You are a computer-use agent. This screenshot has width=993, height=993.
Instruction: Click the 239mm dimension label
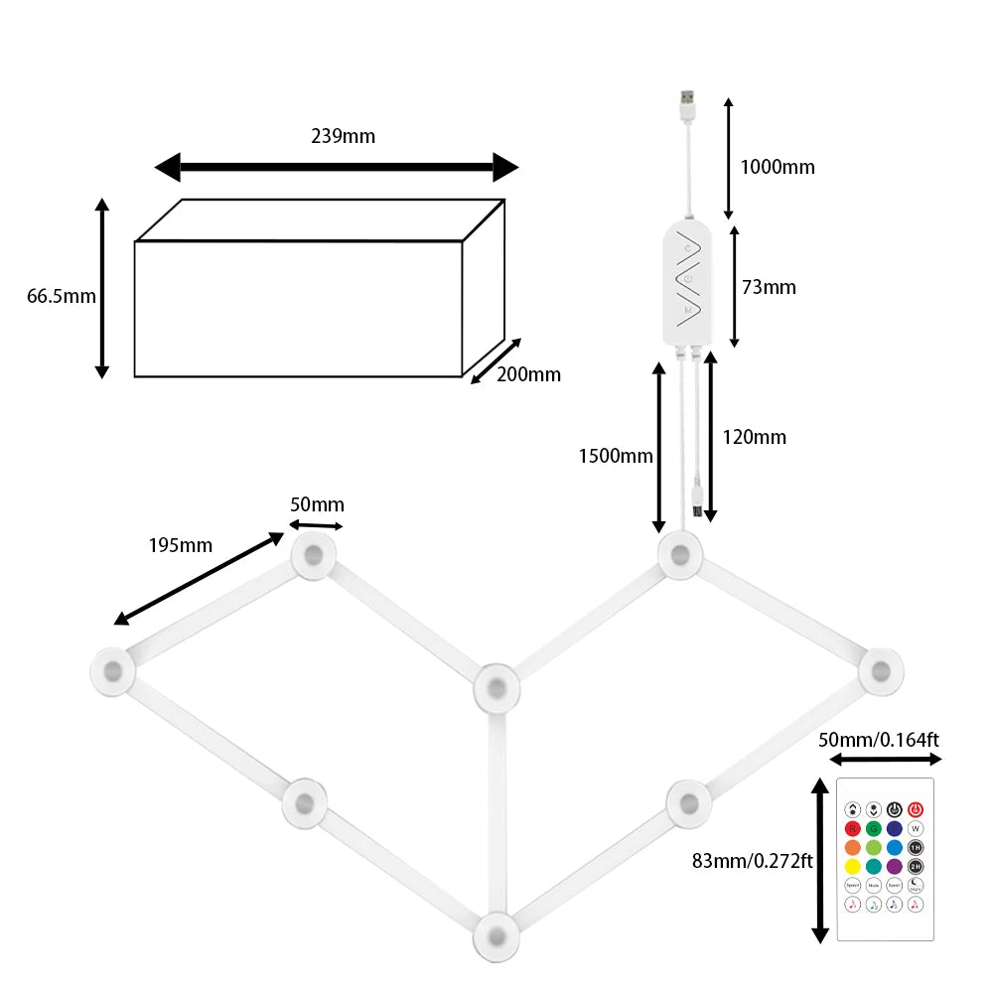(343, 136)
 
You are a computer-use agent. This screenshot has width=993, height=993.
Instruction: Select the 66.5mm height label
(61, 296)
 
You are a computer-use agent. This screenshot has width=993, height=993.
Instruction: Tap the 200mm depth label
(528, 374)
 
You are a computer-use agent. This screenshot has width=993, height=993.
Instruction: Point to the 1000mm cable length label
(778, 167)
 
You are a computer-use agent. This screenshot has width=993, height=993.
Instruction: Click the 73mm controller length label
(769, 287)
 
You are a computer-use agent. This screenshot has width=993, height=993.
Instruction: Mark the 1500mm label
(616, 456)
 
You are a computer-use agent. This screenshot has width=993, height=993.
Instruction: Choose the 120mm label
(754, 437)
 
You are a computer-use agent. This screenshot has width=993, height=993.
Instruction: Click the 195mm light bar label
(180, 544)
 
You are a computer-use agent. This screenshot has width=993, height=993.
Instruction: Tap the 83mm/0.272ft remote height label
(753, 861)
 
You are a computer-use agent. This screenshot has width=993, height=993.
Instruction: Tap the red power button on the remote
(916, 809)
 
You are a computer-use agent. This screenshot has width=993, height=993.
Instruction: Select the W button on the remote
(916, 828)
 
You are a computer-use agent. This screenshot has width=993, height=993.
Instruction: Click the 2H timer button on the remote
(916, 866)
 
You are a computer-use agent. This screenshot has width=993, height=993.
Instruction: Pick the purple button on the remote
(894, 866)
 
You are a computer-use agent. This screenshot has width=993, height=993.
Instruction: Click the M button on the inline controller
(687, 311)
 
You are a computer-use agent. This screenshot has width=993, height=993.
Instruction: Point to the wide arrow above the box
(336, 167)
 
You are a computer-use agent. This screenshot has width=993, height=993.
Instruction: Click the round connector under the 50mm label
(314, 556)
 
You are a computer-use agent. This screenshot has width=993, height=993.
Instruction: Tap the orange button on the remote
(852, 847)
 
